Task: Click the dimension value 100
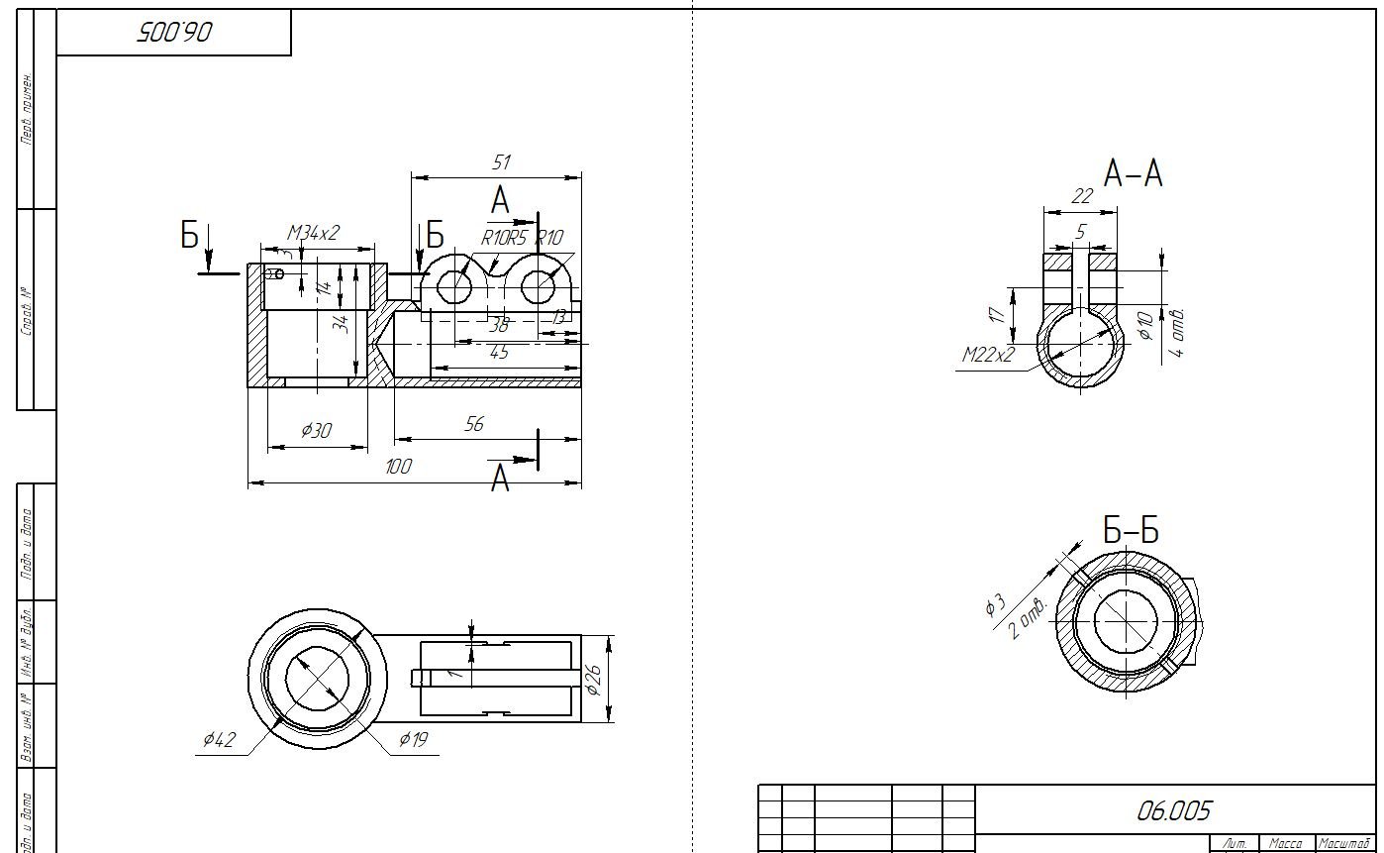398,467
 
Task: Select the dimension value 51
500,162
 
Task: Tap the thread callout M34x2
313,233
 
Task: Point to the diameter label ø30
316,430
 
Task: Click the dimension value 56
474,424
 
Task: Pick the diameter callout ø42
219,739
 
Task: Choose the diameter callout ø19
413,738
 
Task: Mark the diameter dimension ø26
593,680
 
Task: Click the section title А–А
1133,174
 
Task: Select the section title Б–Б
1131,531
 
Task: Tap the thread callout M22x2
987,355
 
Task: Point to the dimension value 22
1081,196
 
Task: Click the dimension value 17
997,314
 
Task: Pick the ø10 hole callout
1145,325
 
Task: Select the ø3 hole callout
995,603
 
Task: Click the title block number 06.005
1173,811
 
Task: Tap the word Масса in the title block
1285,843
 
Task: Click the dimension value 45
499,353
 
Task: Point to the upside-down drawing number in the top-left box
174,33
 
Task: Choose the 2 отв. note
1028,618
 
